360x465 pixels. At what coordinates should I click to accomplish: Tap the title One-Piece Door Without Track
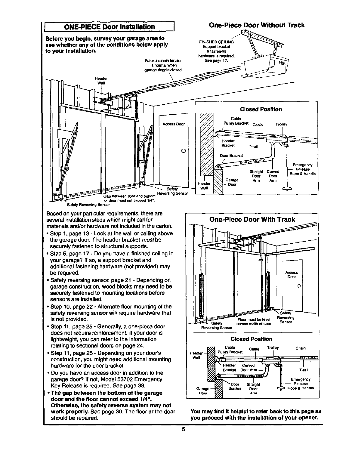pos(257,25)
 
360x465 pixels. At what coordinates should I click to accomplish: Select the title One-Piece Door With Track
pos(252,220)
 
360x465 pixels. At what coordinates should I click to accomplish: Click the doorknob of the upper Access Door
pos(183,151)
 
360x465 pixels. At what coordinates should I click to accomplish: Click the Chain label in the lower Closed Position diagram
pos(300,348)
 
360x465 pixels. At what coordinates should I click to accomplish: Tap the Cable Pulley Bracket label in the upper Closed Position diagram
pos(236,121)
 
